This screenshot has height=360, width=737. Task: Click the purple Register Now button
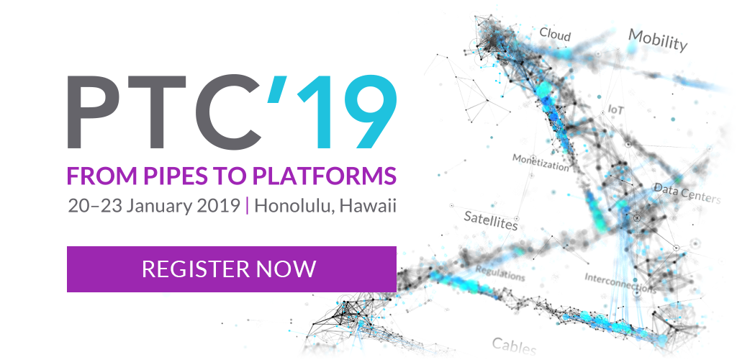pyautogui.click(x=231, y=269)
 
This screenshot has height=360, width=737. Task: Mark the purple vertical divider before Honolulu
pyautogui.click(x=248, y=207)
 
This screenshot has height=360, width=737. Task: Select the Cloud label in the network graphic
pyautogui.click(x=555, y=34)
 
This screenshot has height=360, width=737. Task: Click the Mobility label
pyautogui.click(x=658, y=40)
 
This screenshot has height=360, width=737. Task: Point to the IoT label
pyautogui.click(x=616, y=109)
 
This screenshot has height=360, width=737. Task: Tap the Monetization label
pyautogui.click(x=541, y=162)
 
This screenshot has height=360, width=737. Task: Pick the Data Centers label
pyautogui.click(x=687, y=193)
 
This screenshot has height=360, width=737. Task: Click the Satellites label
pyautogui.click(x=491, y=220)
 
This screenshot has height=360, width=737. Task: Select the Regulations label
pyautogui.click(x=499, y=273)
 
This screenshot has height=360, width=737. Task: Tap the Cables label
pyautogui.click(x=514, y=346)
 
